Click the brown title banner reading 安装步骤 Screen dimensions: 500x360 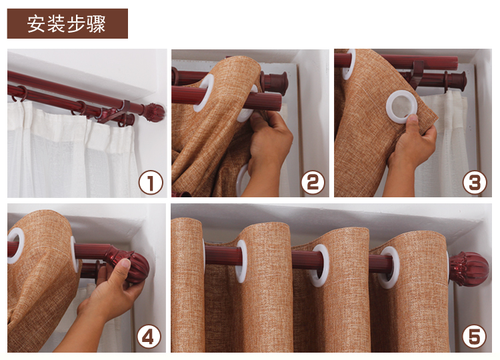click(67, 23)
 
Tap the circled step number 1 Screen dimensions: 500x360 click(151, 183)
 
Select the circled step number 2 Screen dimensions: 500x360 click(313, 183)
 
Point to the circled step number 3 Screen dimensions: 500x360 click(475, 183)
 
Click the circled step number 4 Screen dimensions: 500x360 click(149, 337)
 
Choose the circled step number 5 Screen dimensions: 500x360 click(474, 337)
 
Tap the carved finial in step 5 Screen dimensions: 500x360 click(469, 269)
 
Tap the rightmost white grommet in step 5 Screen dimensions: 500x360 click(389, 267)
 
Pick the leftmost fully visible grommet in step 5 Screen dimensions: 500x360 click(241, 261)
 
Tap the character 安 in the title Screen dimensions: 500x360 click(35, 24)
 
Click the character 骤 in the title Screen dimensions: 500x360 click(96, 24)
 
